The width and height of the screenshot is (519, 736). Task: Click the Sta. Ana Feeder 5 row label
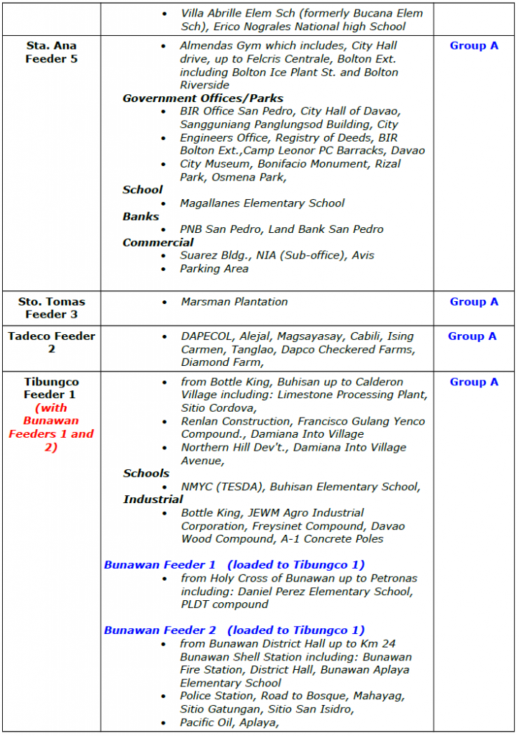(51, 52)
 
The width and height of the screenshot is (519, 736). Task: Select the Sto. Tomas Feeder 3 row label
(51, 308)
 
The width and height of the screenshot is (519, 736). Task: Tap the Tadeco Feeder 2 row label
(51, 342)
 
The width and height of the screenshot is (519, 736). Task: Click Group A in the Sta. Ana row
(474, 46)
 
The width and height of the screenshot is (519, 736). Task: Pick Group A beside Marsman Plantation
(474, 302)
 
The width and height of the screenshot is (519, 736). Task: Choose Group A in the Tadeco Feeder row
(472, 336)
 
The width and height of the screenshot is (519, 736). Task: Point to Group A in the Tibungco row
(474, 382)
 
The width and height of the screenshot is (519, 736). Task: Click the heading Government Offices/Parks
(203, 98)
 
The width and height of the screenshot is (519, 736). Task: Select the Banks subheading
(141, 216)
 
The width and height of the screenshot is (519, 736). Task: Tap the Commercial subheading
(158, 243)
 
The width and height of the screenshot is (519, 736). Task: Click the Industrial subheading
(153, 500)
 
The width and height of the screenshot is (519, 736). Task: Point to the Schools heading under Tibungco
(146, 474)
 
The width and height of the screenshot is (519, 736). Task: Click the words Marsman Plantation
(234, 302)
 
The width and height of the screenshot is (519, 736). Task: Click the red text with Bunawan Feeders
(51, 427)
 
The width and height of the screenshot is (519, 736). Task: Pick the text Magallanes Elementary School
(262, 203)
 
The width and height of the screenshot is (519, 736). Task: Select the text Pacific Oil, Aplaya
(229, 722)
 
